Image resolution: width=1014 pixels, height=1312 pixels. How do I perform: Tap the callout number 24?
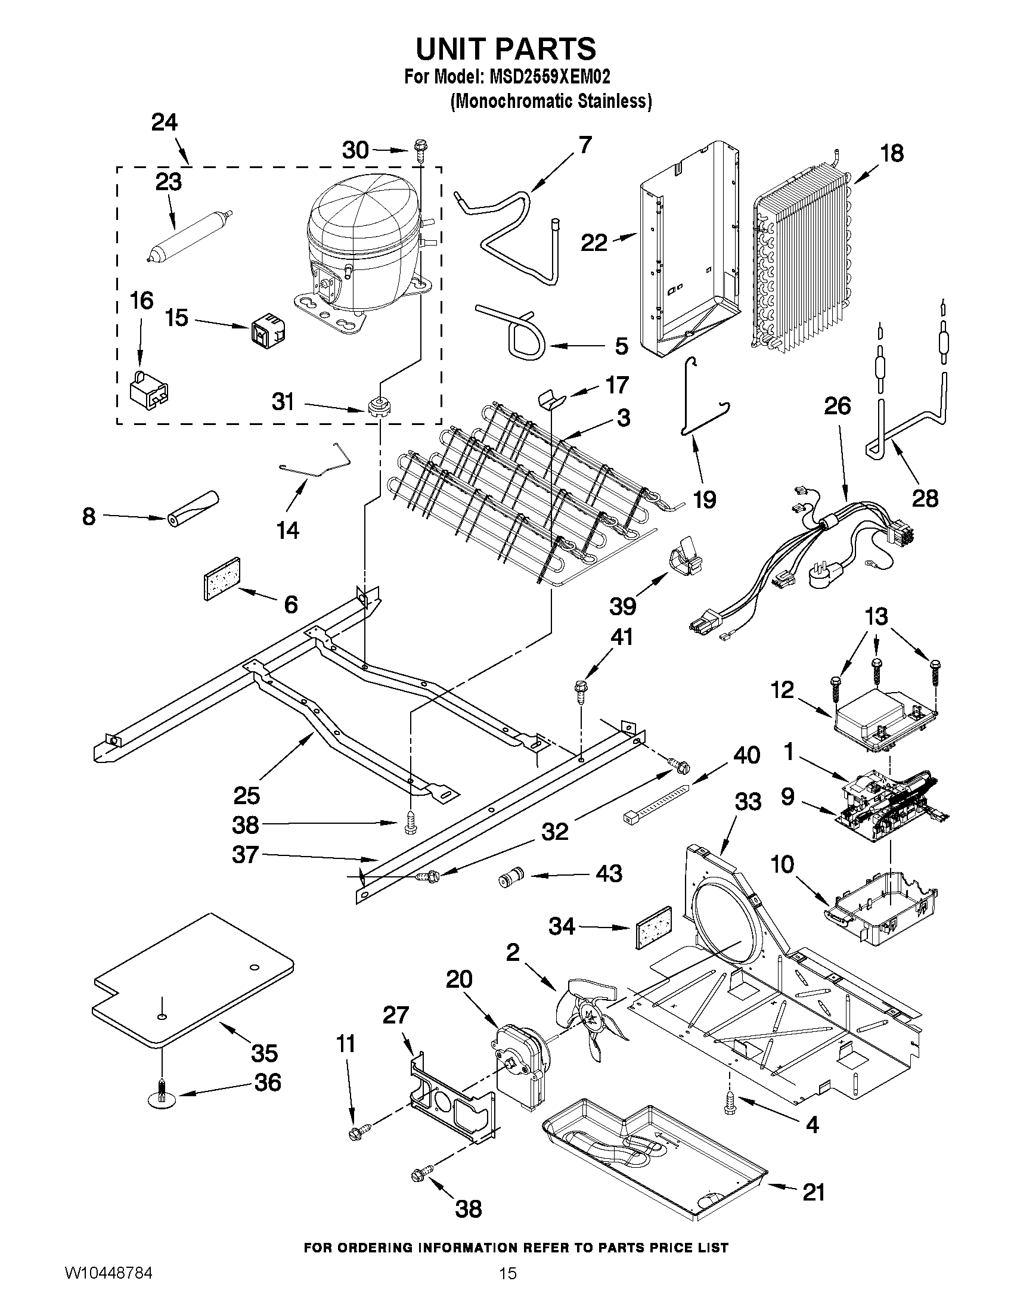[x=164, y=123]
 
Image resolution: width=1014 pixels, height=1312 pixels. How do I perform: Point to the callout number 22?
[x=594, y=243]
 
